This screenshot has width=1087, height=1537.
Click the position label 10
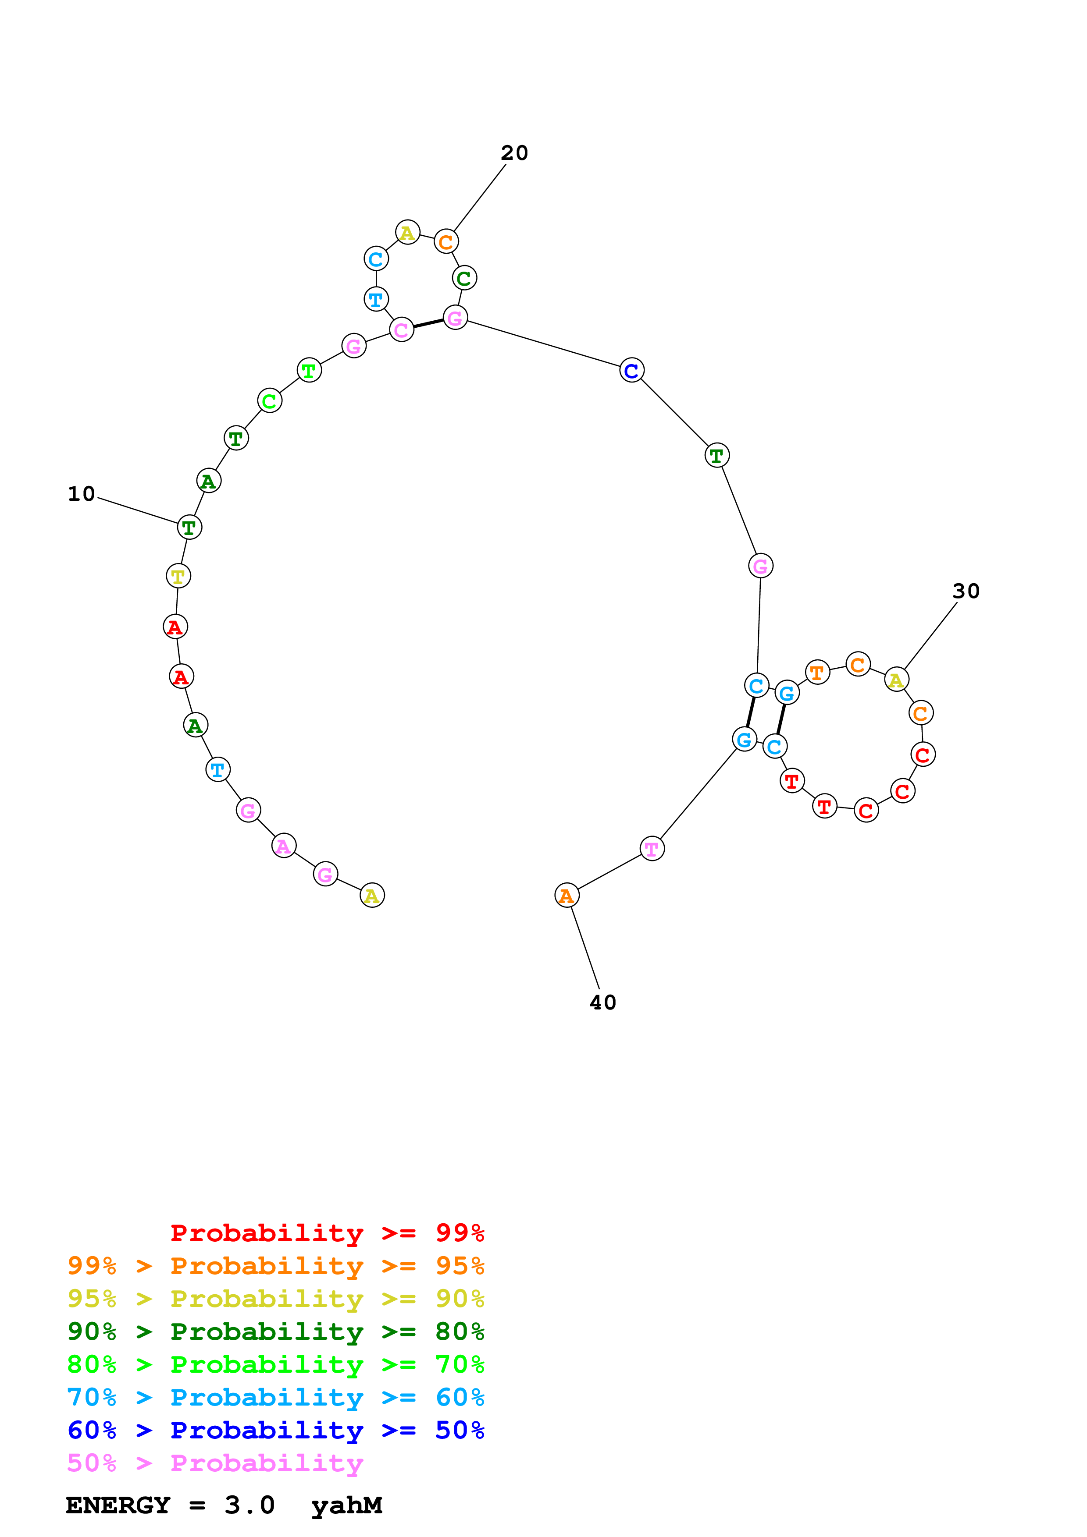click(81, 494)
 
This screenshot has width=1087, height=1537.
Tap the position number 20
click(514, 153)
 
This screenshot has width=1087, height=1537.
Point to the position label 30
click(966, 591)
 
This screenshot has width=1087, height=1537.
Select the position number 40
click(603, 1002)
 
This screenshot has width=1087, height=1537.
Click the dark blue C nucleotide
click(631, 370)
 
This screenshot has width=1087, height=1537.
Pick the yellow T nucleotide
click(178, 576)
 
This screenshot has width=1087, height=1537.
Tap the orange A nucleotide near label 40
click(567, 895)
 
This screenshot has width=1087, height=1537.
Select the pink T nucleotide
click(652, 849)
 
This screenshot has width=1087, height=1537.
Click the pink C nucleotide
click(401, 329)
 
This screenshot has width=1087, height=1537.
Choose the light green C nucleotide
click(269, 400)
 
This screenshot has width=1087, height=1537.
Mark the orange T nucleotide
click(817, 672)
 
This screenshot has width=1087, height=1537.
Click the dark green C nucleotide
click(464, 278)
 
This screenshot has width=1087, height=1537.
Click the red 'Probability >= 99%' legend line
click(327, 1232)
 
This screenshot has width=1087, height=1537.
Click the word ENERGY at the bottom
click(118, 1505)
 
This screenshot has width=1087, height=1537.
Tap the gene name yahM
click(346, 1505)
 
